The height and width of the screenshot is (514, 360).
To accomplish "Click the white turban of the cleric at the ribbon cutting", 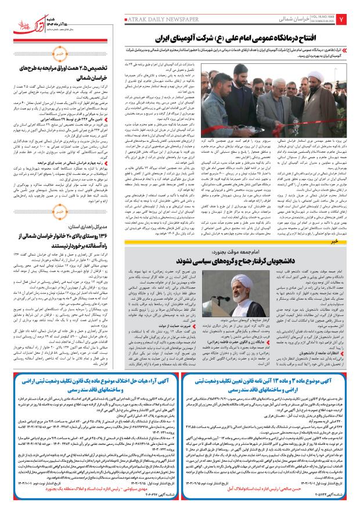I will tap(261, 82).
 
